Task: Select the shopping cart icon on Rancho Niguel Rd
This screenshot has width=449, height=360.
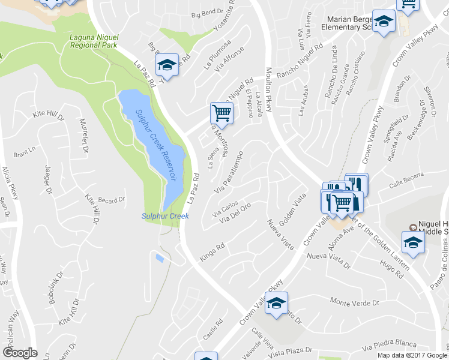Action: tap(221, 113)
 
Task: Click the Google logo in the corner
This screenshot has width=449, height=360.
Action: tap(19, 353)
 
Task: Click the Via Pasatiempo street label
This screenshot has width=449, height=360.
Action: tap(229, 174)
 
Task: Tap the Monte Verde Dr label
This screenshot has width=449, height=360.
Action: tap(355, 303)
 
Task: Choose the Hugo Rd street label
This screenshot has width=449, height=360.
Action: tap(392, 268)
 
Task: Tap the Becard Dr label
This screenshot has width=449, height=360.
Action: tap(111, 200)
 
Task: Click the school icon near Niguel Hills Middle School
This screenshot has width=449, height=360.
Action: tap(413, 243)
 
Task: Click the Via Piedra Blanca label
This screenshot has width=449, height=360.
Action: tap(390, 346)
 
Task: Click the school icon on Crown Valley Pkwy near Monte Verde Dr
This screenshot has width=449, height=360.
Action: tap(276, 303)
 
